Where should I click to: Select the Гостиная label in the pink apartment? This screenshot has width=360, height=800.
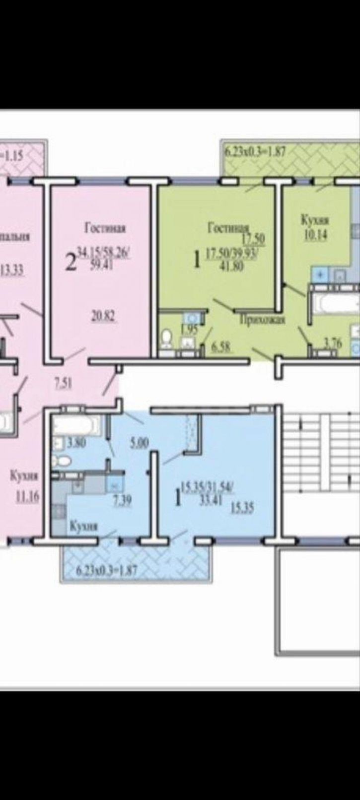click(105, 228)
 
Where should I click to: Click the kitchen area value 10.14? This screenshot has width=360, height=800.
click(315, 236)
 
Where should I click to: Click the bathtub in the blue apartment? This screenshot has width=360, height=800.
click(75, 425)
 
